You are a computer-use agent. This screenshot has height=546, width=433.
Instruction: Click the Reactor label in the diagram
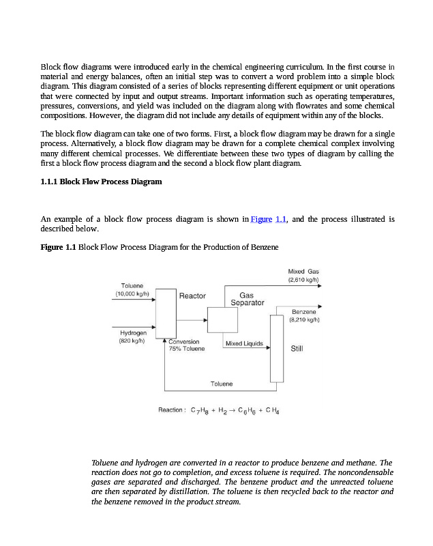192,296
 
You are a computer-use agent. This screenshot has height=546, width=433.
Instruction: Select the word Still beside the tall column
297,349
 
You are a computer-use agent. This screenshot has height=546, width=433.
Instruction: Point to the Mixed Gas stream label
303,271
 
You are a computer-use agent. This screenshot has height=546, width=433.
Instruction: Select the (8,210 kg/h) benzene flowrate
304,319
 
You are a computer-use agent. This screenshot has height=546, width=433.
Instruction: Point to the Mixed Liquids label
243,343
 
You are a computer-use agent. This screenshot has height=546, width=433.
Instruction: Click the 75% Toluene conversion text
186,349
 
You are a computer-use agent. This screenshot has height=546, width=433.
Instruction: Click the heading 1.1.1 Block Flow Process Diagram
101,182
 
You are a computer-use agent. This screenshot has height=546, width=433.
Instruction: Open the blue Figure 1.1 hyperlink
269,219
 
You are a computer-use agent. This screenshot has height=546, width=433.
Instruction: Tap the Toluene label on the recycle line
221,384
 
